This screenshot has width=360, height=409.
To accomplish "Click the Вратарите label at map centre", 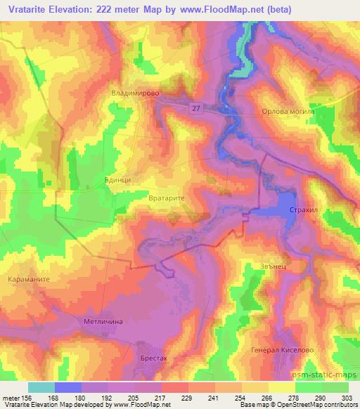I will click(167, 200).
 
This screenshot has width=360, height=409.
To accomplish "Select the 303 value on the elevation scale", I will click(347, 396).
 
